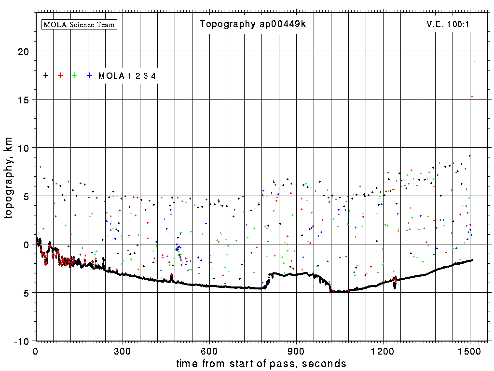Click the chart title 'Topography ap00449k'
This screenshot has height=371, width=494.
tap(253, 24)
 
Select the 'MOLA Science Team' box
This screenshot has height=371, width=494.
tap(80, 24)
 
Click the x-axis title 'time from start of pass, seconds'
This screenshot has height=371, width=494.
tap(261, 363)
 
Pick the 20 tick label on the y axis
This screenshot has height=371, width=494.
tap(22, 51)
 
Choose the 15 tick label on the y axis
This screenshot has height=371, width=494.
tap(22, 100)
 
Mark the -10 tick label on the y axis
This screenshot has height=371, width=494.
tap(20, 341)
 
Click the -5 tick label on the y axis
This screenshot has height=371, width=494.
tap(22, 293)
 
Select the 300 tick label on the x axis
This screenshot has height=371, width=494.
tap(123, 351)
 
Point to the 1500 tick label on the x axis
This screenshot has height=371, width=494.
tap(470, 351)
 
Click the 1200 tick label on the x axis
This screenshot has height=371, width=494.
tap(383, 351)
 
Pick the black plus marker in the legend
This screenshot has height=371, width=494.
tap(46, 75)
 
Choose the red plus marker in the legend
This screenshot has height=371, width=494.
tap(60, 75)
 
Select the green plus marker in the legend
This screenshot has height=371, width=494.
tap(75, 75)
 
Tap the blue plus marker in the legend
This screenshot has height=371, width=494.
tap(89, 75)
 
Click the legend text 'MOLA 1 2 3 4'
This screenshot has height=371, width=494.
tap(127, 76)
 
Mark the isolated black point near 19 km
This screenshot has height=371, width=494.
tap(475, 61)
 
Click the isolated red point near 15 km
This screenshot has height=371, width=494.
tap(472, 97)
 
